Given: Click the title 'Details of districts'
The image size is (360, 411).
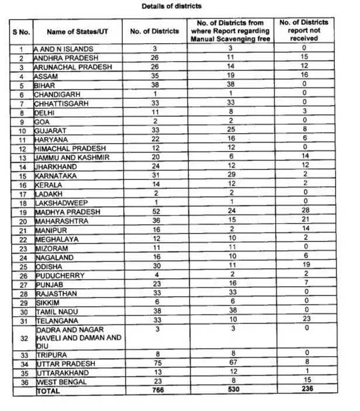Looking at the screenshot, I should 171,6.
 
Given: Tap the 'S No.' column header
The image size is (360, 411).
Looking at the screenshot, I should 22,32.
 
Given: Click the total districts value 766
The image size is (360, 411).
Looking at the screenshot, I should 155,389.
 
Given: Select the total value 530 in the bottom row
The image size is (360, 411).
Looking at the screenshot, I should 231,389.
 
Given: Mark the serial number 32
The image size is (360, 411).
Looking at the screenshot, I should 22,337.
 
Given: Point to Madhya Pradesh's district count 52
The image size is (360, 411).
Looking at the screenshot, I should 155,211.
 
